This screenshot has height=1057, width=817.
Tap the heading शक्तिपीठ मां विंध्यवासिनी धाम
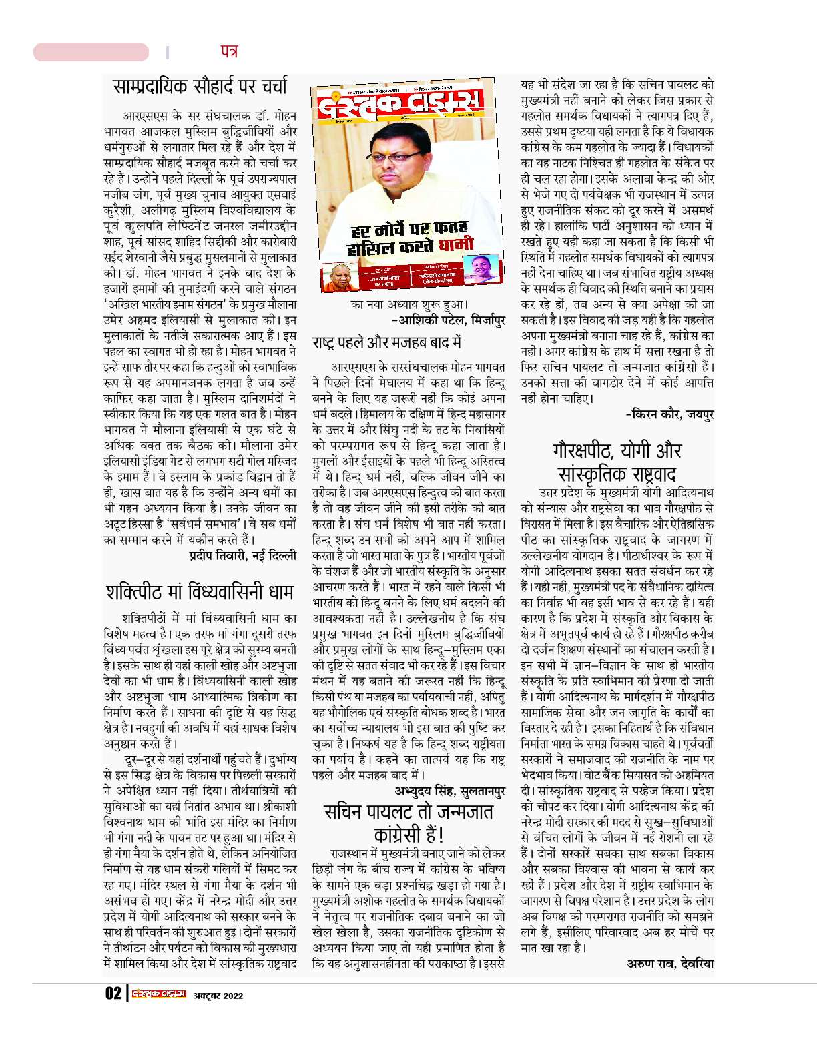click(x=200, y=591)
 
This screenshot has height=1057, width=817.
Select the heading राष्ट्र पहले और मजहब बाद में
click(x=386, y=343)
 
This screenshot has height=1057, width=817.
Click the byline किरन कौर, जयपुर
click(x=669, y=415)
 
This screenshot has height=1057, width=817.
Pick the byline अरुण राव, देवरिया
click(x=670, y=963)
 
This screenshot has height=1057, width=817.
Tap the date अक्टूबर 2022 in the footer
click(x=218, y=996)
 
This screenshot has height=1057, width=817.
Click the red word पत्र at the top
click(x=228, y=51)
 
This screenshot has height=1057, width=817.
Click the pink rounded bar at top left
click(x=91, y=52)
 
